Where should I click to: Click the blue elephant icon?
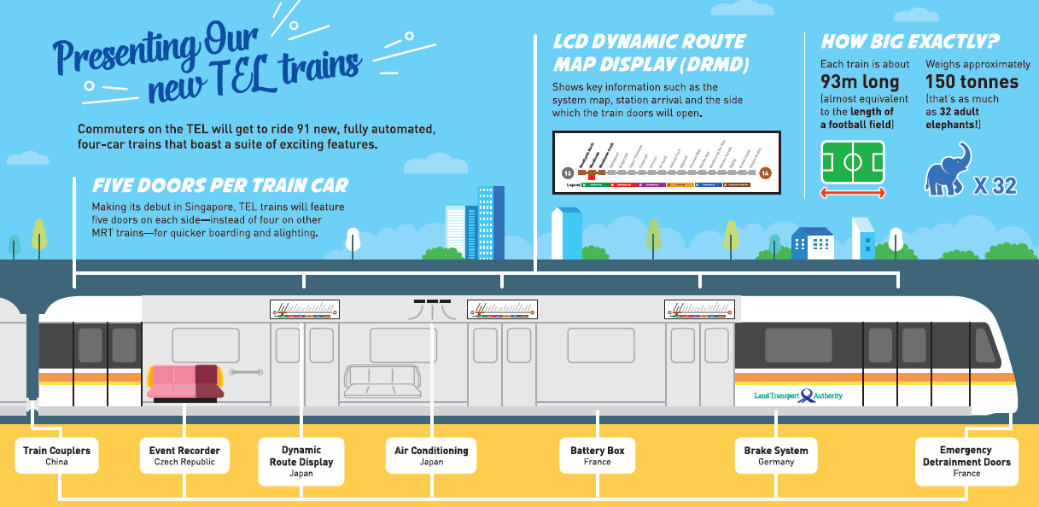click(x=949, y=170)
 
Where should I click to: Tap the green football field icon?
click(x=853, y=162)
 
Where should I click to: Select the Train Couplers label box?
click(x=56, y=456)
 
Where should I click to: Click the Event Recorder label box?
click(x=184, y=456)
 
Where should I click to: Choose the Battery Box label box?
click(x=598, y=456)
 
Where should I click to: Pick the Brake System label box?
click(x=776, y=456)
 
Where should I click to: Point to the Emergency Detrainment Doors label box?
click(x=966, y=461)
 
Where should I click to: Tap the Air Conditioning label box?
click(x=431, y=456)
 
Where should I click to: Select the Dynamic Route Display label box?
click(x=301, y=461)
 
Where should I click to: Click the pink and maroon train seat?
click(x=185, y=382)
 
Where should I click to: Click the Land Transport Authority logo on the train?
click(x=799, y=396)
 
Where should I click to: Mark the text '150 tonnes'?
click(x=972, y=82)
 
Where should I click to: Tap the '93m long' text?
click(x=860, y=82)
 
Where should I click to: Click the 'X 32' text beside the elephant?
click(x=995, y=185)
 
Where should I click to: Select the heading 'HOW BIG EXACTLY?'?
click(x=909, y=41)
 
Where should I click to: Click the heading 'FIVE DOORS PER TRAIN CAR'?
click(x=220, y=186)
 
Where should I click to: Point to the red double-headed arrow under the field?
click(x=853, y=194)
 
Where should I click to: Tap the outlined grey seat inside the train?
click(x=382, y=382)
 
